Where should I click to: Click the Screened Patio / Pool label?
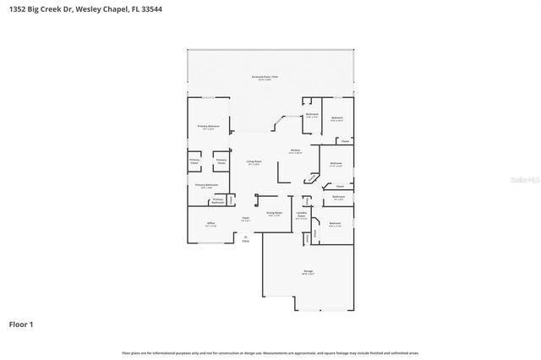(265, 78)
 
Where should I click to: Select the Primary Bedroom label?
(208, 127)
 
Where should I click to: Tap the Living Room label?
(254, 161)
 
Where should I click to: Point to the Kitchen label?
(295, 151)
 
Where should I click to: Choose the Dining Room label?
(273, 213)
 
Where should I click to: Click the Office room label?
(211, 224)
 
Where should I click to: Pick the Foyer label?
(245, 219)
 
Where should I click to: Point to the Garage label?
(309, 271)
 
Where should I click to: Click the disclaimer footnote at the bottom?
(270, 352)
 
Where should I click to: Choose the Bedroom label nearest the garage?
(334, 224)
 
